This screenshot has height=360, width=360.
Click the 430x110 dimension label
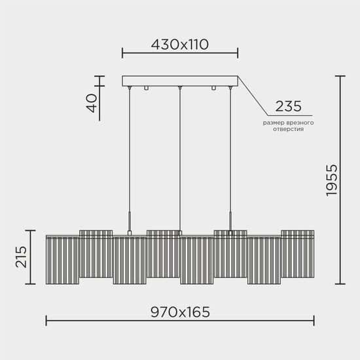tap(179, 45)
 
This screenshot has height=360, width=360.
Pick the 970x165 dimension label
tap(179, 312)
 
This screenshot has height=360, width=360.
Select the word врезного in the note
tap(301, 122)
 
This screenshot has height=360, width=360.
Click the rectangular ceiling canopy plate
tap(179, 82)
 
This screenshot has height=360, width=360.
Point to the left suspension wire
tap(130, 157)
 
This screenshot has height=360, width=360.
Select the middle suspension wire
tap(179, 157)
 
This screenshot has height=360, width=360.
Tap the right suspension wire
tap(230, 157)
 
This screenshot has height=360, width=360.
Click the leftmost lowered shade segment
tap(62, 261)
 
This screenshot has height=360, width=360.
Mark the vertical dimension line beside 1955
tap(339, 180)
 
